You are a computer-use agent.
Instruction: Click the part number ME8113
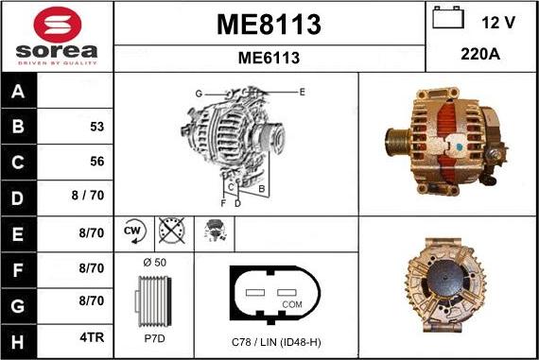pos(269,24)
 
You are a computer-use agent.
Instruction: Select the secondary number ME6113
pos(269,58)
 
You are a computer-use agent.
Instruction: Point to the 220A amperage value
pos(480,55)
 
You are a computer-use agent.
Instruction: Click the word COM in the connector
pos(293,303)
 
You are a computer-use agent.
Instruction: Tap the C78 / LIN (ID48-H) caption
pos(275,340)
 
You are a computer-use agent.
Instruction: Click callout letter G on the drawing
pos(199,93)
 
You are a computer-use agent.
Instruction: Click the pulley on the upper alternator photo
pos(395,146)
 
